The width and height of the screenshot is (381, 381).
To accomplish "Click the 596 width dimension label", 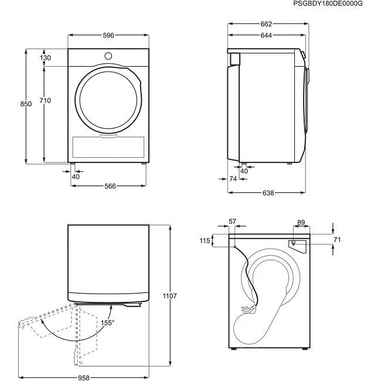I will click(x=108, y=36).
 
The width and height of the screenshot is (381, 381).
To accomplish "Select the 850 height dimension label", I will click(x=26, y=104).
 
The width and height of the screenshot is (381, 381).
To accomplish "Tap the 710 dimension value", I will click(x=45, y=101).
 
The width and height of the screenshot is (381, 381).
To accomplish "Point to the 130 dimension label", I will click(x=45, y=57).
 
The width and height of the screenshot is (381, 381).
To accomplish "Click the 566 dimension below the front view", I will click(x=110, y=186).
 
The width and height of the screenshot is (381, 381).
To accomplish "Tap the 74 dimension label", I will click(x=233, y=178).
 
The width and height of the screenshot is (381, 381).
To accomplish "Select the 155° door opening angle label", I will click(x=106, y=323).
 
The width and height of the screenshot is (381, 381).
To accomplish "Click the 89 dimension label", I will click(x=301, y=222).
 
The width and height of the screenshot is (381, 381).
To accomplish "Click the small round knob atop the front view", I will click(x=108, y=56).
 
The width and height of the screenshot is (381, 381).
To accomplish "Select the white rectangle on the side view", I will click(x=235, y=59).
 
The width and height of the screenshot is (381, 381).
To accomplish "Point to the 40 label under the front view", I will click(x=75, y=176).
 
